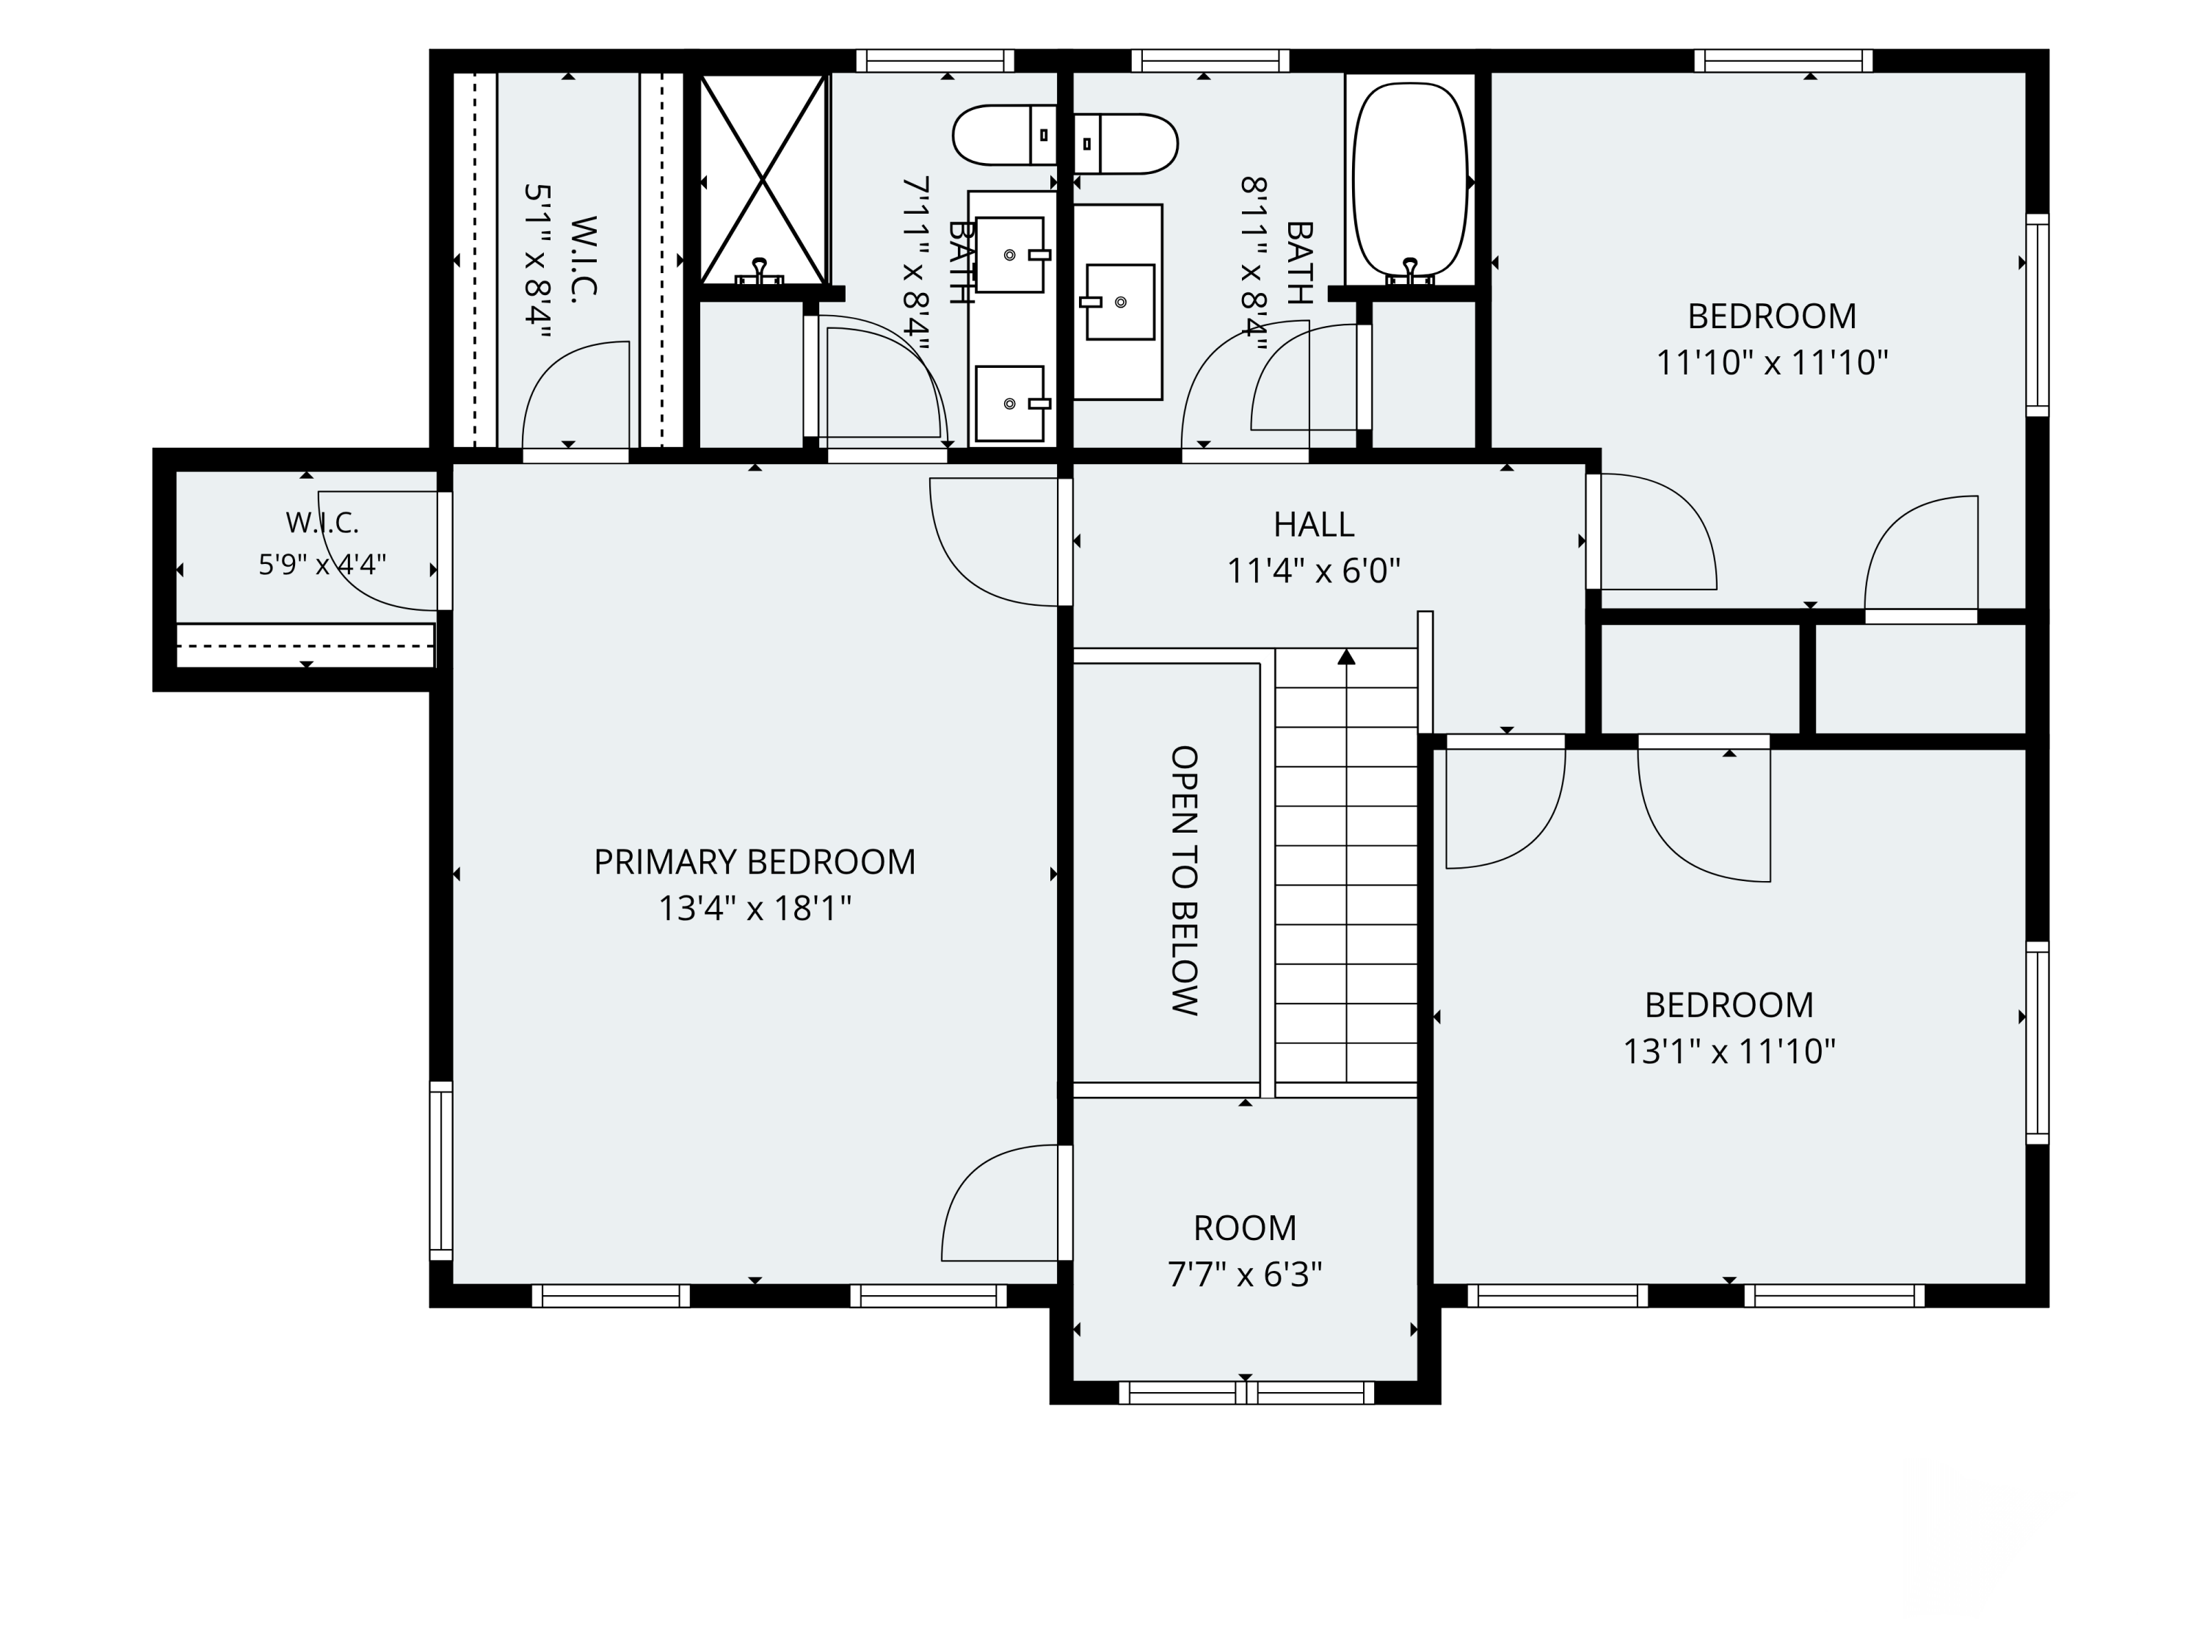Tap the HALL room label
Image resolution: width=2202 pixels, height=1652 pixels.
pos(1313,525)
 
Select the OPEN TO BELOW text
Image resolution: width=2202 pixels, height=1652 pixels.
pos(1184,880)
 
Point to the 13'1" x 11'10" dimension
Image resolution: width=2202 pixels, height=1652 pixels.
pos(1729,1051)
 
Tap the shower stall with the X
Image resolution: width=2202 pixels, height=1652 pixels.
pos(763,180)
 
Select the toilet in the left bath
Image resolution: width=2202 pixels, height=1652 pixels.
pos(1004,135)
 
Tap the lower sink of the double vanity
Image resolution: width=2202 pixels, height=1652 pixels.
pos(1011,403)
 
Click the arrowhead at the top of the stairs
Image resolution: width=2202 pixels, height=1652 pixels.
pos(1347,656)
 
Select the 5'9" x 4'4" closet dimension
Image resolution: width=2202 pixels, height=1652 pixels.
pos(321,565)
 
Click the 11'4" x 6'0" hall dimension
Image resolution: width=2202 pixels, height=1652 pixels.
pos(1313,571)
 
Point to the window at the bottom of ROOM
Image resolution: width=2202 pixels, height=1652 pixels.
pos(1246,1392)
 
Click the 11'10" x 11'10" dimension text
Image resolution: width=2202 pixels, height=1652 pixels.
pos(1772,363)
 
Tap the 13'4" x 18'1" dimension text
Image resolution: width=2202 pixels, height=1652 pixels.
pos(755,909)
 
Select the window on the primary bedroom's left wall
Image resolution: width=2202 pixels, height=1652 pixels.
pos(441,1171)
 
